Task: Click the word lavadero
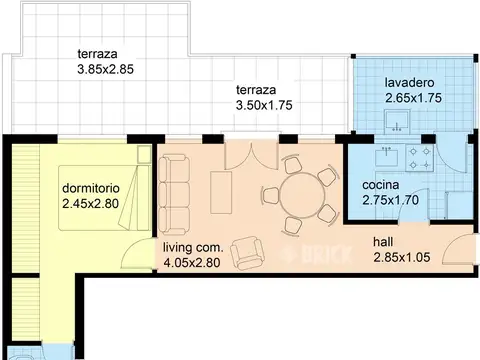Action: pos(409,83)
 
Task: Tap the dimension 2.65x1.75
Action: pos(413,98)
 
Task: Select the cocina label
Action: pos(380,185)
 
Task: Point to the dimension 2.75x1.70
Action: pos(390,200)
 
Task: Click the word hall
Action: pos(383,242)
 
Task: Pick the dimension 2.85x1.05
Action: pos(402,257)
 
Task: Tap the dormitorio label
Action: pos(91,188)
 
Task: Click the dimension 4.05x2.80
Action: pos(192,263)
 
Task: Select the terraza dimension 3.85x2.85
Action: pos(105,69)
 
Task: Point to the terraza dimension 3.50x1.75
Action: pos(264,105)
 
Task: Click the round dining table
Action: pos(302,196)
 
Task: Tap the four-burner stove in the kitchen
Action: pos(420,158)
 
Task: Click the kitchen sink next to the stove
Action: pos(386,156)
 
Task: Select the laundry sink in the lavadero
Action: pos(397,120)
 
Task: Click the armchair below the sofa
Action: pos(247,253)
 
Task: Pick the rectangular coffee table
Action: pos(221,192)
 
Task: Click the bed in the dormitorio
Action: pos(104,198)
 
